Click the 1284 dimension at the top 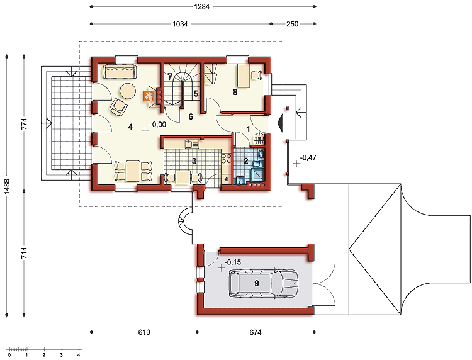tap(201, 6)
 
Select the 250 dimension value tap(292, 24)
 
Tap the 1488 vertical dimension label tap(7, 186)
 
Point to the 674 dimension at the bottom tap(256, 332)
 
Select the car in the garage tap(264, 284)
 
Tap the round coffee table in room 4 tap(128, 91)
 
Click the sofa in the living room tap(120, 72)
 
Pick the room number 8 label tap(235, 92)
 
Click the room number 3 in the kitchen tap(194, 161)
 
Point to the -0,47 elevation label tap(308, 157)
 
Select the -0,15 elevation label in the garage tap(233, 262)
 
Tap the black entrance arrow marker tap(280, 123)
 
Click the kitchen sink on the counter tap(192, 144)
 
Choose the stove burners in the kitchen tap(227, 159)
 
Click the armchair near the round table tap(118, 107)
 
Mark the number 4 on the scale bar tap(79, 355)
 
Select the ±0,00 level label tap(157, 124)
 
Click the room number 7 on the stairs tap(170, 77)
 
